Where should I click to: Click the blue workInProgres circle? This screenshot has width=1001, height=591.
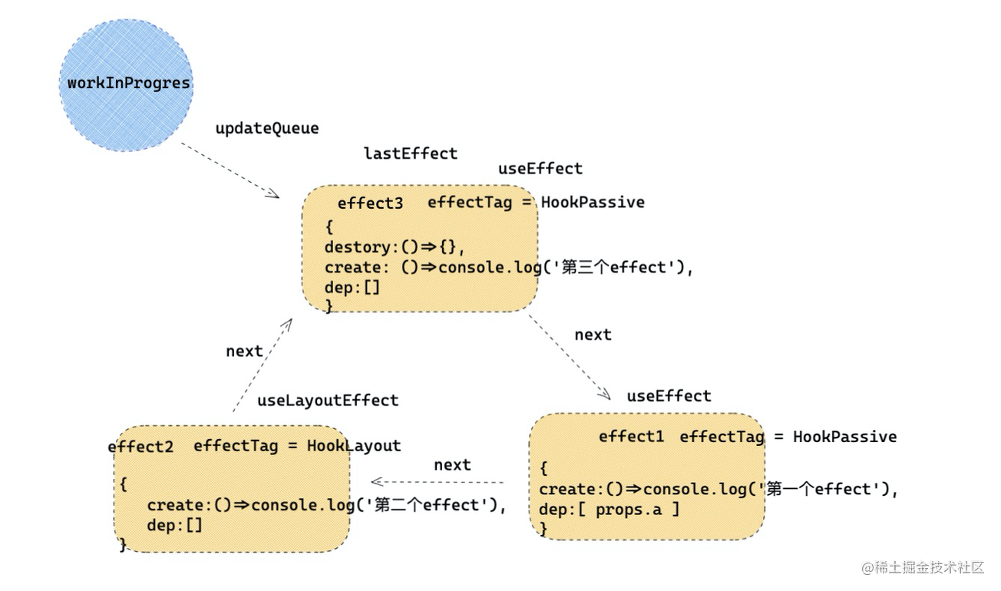click(127, 84)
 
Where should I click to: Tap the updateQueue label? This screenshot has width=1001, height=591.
click(266, 128)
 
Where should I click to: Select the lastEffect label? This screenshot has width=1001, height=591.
click(410, 154)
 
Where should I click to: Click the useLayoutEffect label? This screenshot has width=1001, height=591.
click(328, 401)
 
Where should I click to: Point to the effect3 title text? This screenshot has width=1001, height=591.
click(370, 203)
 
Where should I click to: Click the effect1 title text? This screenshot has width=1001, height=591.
click(631, 437)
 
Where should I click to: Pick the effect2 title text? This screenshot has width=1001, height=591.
click(140, 447)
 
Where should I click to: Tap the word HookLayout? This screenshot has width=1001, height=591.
click(354, 446)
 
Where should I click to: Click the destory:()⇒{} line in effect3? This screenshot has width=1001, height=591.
click(395, 247)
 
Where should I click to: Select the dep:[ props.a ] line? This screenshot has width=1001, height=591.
click(609, 509)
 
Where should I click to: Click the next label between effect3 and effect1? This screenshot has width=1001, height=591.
click(593, 335)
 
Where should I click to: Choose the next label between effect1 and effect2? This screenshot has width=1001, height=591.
click(452, 465)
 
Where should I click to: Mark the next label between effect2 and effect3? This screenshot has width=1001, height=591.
click(244, 351)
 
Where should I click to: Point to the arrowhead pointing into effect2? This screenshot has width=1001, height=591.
click(376, 482)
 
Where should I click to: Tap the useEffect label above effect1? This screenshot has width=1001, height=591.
click(669, 396)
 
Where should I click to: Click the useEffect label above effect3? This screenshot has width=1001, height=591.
click(540, 169)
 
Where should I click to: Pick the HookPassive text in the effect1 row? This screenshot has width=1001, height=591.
click(844, 437)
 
